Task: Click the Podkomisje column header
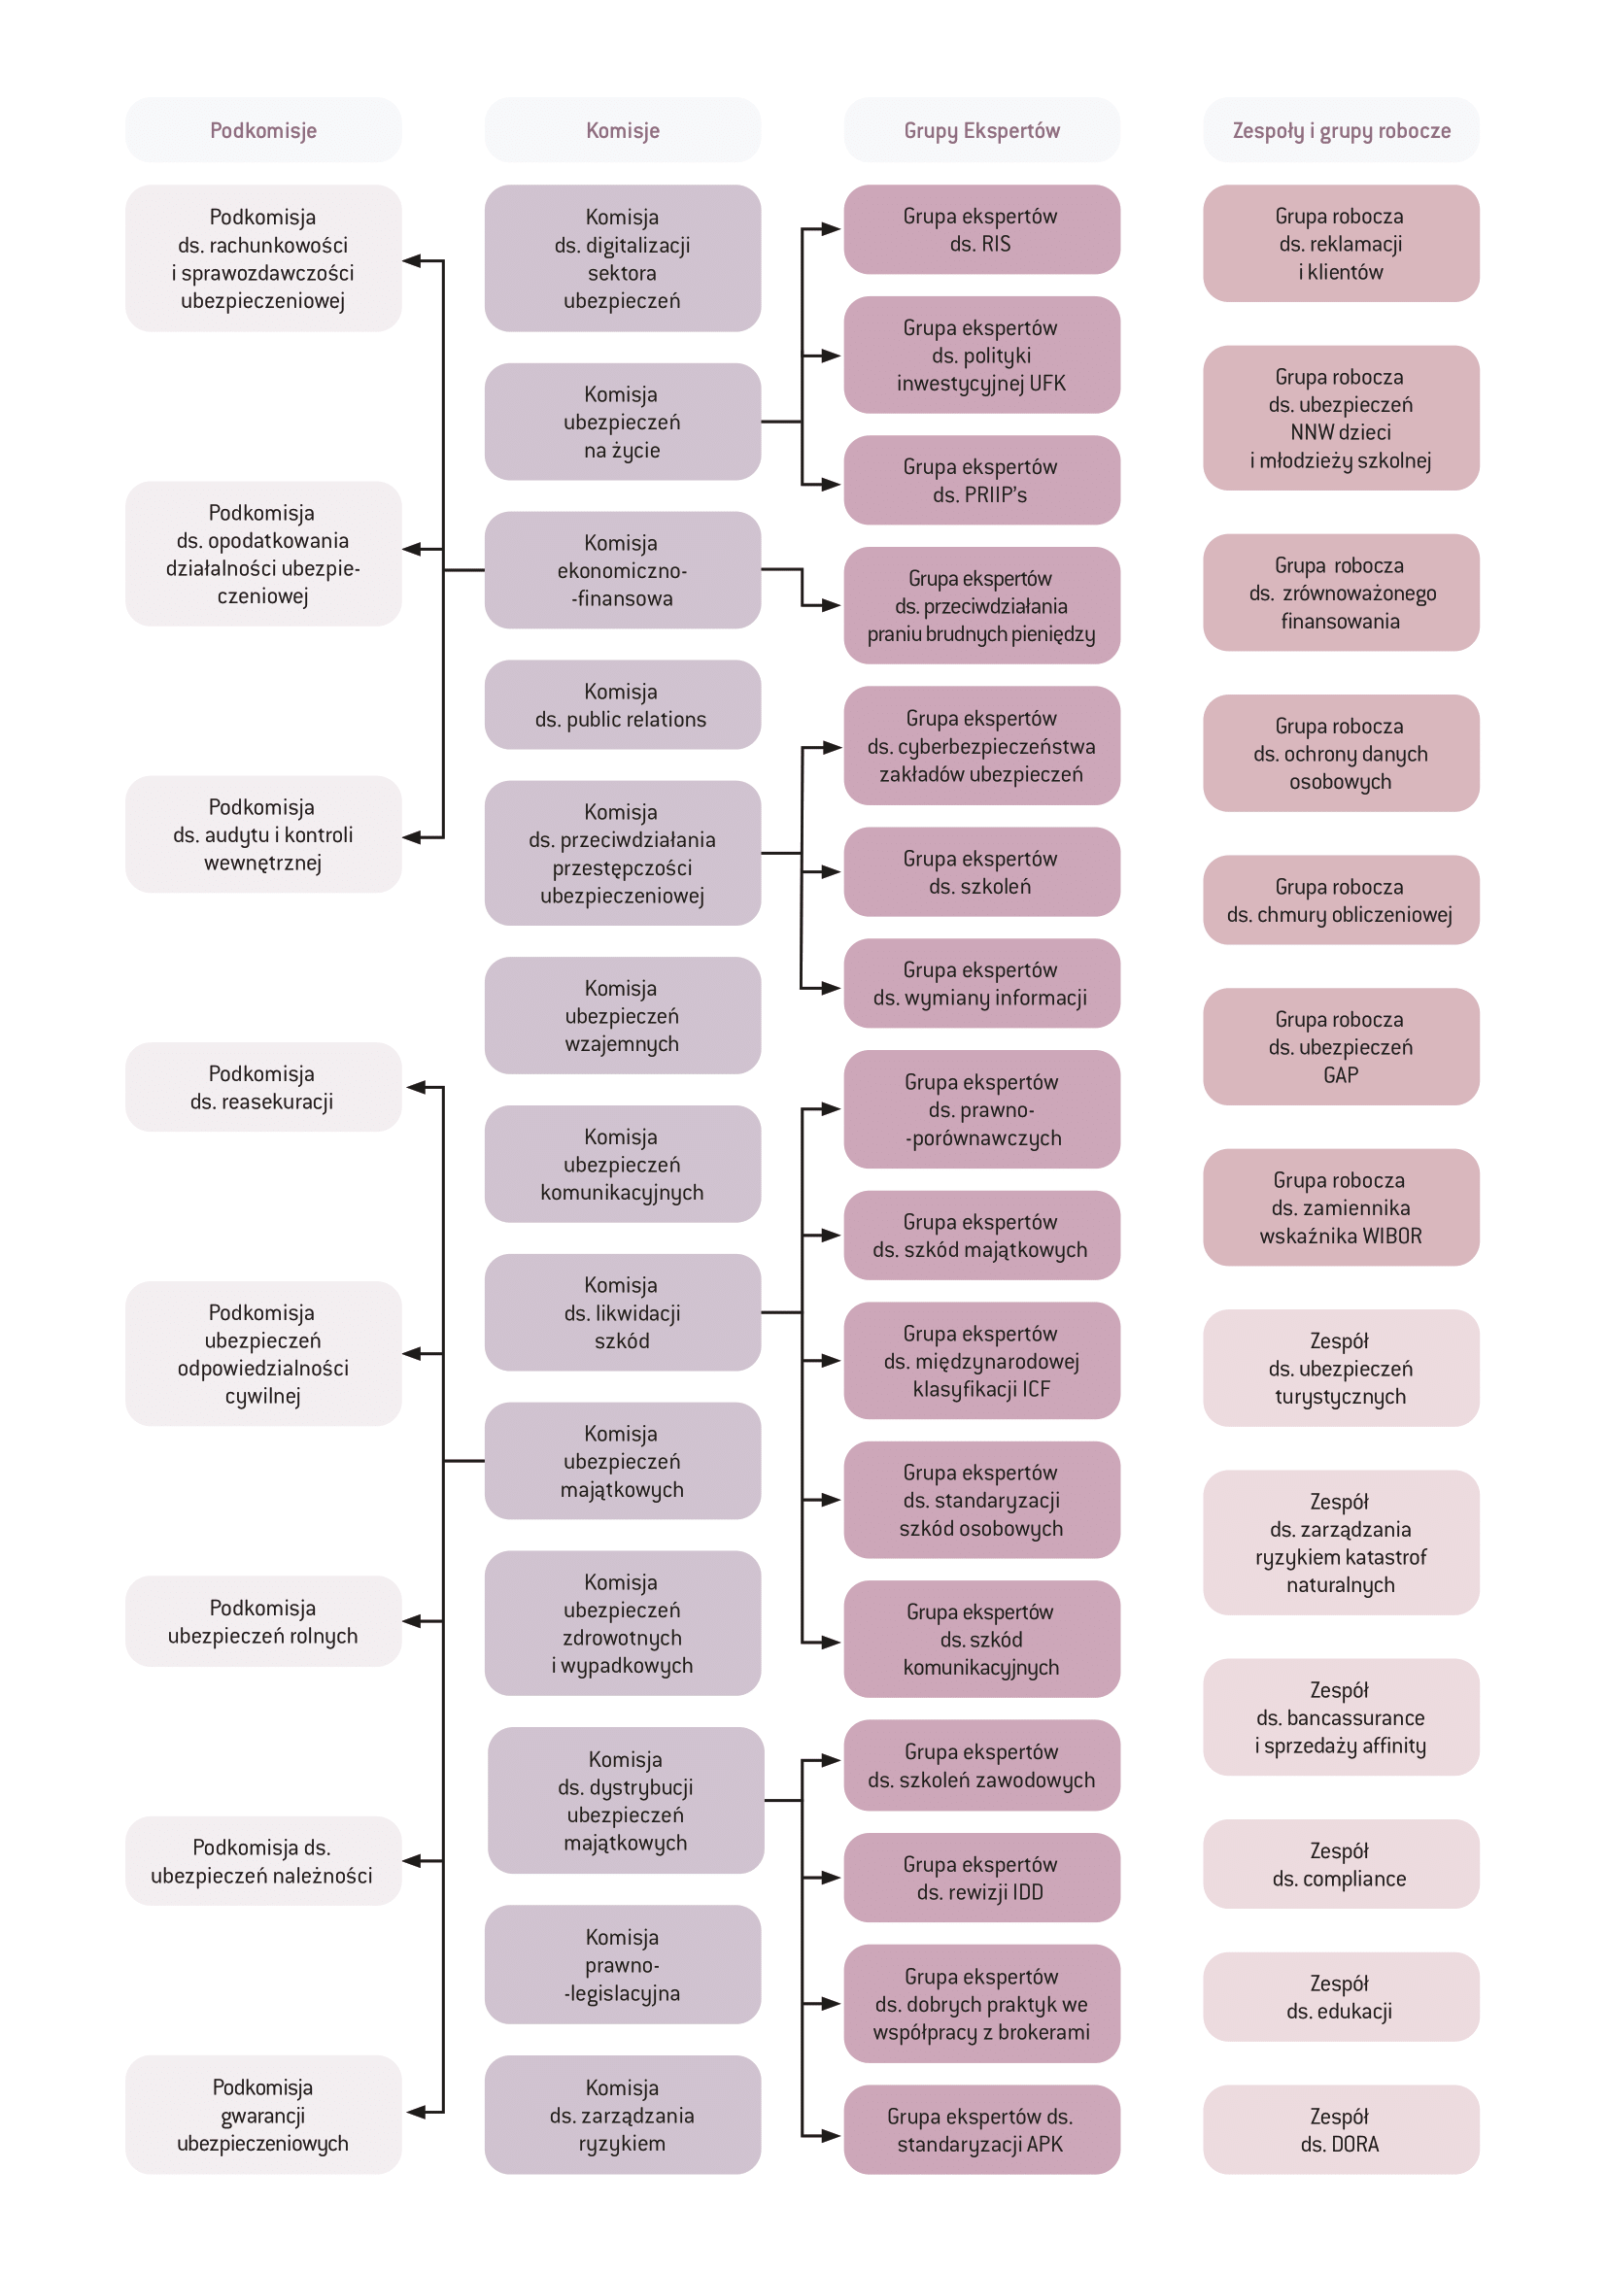[x=263, y=129]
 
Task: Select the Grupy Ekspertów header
[x=981, y=129]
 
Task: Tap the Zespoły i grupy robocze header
[x=1341, y=129]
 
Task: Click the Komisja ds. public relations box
[x=623, y=704]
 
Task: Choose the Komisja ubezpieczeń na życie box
[x=623, y=422]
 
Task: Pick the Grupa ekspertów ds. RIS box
[x=981, y=229]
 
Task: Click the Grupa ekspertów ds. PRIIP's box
[x=981, y=480]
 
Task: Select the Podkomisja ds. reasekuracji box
[x=263, y=1087]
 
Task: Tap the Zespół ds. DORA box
[x=1341, y=2129]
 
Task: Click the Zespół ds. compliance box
[x=1341, y=1863]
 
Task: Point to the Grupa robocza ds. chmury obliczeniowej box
[x=1341, y=899]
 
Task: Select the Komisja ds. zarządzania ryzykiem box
[x=623, y=2115]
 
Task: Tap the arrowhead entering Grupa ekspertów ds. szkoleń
[x=832, y=871]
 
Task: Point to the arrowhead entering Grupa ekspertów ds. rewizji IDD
[x=832, y=1878]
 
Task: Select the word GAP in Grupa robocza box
[x=1341, y=1074]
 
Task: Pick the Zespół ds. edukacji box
[x=1341, y=1997]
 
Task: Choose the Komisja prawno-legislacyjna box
[x=623, y=1964]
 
